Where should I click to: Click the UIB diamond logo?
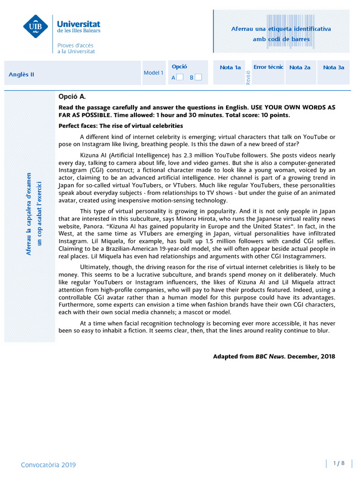coord(35,26)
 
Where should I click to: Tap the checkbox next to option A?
coord(180,77)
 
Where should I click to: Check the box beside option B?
coord(198,77)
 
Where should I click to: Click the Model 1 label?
coord(153,73)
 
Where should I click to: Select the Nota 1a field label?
coord(230,68)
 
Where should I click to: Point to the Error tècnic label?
coord(268,67)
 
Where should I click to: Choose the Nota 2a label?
coord(300,68)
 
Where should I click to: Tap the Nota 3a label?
coord(334,68)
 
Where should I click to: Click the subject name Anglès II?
coord(22,74)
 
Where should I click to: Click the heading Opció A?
coord(72,97)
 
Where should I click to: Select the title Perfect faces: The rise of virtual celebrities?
coord(121,126)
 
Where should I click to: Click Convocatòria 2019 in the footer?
coord(48,465)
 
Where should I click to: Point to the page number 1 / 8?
coord(339,463)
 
